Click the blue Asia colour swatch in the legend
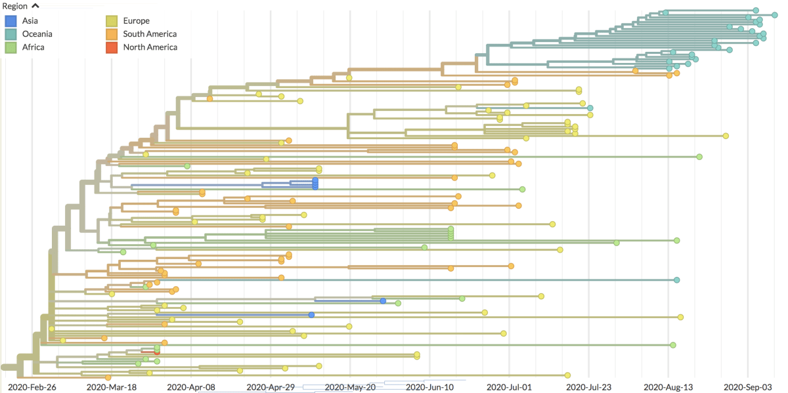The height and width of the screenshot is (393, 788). click(11, 21)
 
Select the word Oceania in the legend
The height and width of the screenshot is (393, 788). click(37, 34)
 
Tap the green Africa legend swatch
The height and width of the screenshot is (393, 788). click(11, 47)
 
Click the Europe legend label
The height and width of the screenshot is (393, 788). click(136, 21)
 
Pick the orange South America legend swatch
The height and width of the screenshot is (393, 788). click(112, 34)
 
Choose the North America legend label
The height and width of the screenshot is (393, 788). click(150, 47)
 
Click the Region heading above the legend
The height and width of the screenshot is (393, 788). click(14, 7)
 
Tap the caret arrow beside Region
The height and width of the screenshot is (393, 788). click(35, 6)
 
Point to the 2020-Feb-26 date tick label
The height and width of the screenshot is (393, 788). click(32, 387)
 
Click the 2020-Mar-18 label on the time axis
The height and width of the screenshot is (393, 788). click(112, 387)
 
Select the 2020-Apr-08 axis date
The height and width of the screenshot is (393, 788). click(191, 387)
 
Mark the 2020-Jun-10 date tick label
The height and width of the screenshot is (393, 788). click(429, 387)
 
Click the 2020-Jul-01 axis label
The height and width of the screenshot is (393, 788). click(509, 387)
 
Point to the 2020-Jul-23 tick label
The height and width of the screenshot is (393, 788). click(588, 387)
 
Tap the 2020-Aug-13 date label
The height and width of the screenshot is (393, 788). click(668, 387)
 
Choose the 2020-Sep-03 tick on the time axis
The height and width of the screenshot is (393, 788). click(747, 387)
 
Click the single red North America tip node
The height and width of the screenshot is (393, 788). click(157, 352)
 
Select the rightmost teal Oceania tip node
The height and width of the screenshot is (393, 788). click(775, 15)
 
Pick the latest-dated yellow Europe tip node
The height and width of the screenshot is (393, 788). click(726, 136)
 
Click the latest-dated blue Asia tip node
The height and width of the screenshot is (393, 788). click(383, 301)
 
